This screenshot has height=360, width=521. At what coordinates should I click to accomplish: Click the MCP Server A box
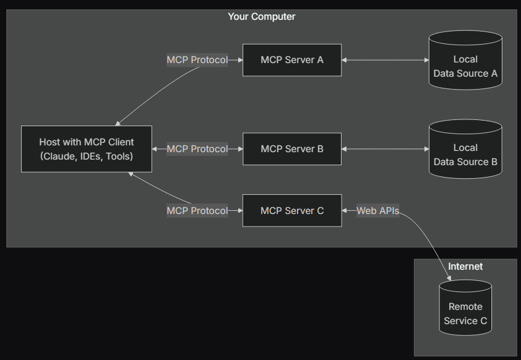(x=291, y=60)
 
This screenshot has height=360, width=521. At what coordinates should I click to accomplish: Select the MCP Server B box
(x=291, y=149)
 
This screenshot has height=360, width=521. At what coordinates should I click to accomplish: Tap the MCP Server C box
(x=291, y=211)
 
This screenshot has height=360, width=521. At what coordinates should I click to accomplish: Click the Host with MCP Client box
(x=87, y=149)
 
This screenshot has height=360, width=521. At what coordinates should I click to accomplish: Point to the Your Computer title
(x=262, y=17)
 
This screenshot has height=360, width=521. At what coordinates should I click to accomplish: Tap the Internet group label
(x=465, y=267)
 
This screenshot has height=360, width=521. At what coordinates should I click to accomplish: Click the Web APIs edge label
(x=377, y=211)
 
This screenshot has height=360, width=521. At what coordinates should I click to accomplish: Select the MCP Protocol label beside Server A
(x=197, y=60)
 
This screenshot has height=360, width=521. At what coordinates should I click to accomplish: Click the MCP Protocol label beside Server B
(x=197, y=149)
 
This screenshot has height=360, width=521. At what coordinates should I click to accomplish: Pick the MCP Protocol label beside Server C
(x=197, y=211)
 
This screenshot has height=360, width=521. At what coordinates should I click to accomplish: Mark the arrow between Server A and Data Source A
(x=385, y=60)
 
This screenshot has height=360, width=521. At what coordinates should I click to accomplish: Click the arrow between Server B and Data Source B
(x=385, y=149)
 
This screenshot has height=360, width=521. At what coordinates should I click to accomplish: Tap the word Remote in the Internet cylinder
(x=465, y=307)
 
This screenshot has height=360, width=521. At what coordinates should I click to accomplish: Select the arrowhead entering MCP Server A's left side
(x=239, y=60)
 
